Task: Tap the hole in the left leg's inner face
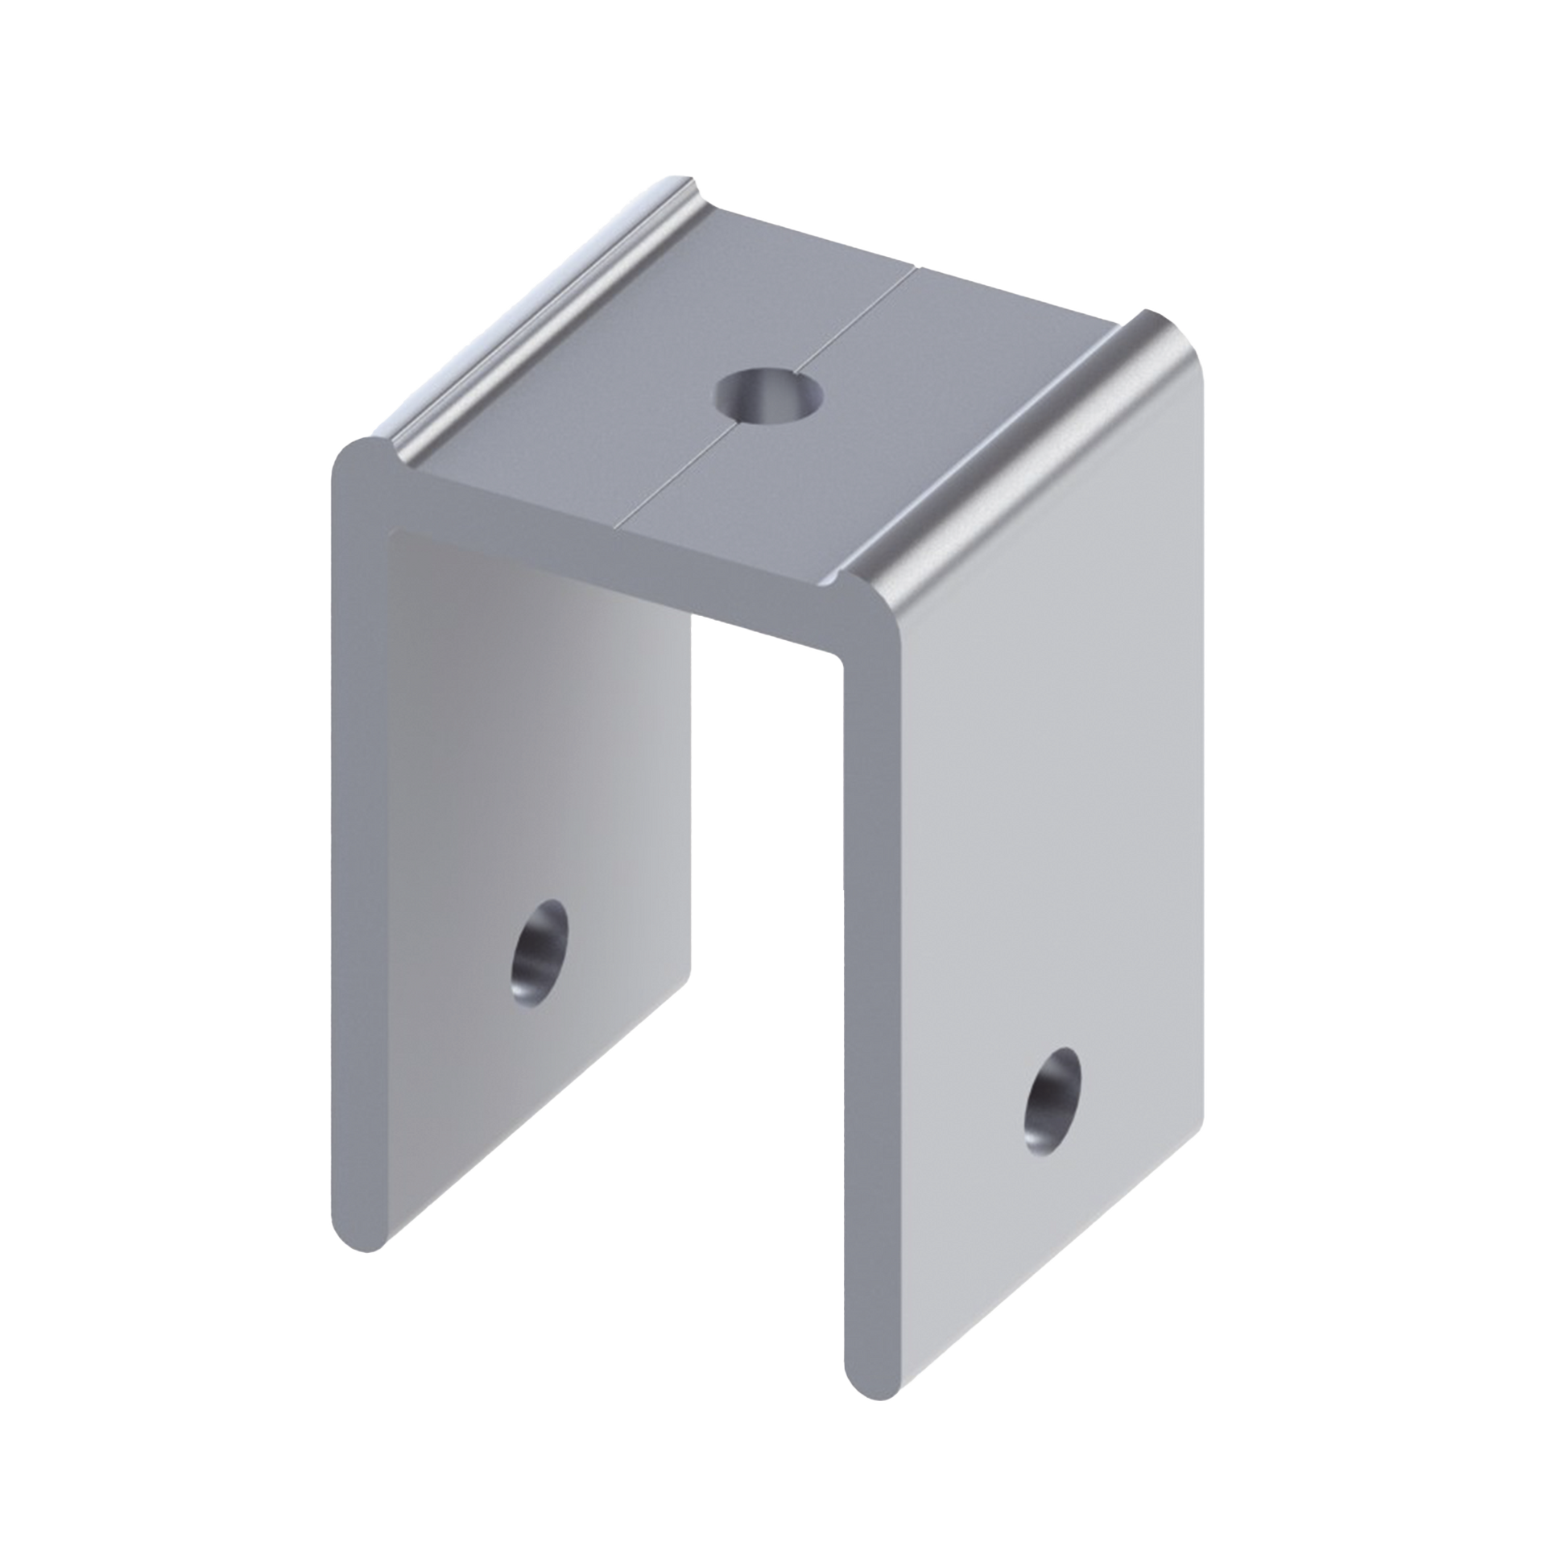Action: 540,953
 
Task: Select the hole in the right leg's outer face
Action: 1052,1100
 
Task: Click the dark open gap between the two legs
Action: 767,892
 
